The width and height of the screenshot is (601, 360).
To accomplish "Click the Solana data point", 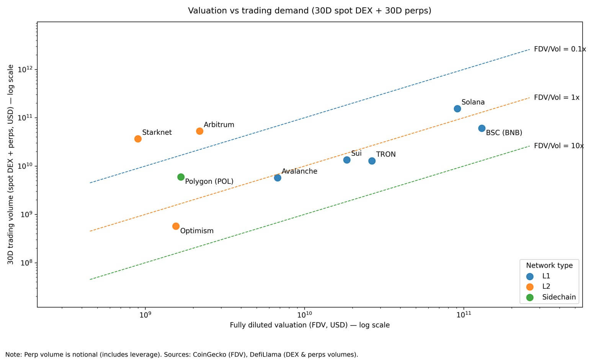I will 457,109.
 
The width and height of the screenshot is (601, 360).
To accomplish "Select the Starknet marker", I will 138,139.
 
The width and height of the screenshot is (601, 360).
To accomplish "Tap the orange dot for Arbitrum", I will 199,131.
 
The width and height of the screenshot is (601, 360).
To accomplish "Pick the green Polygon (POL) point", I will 181,177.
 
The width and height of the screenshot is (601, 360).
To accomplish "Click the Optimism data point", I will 176,226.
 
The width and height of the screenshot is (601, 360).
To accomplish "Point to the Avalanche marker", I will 278,178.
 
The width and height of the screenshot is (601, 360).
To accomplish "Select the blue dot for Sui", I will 347,160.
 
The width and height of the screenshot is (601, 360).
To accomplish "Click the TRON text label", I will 386,154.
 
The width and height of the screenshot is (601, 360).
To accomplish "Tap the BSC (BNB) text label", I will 504,133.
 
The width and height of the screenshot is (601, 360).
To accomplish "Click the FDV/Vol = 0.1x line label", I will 560,49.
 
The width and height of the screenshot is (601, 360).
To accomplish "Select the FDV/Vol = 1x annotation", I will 557,97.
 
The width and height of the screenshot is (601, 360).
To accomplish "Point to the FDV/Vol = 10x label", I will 559,146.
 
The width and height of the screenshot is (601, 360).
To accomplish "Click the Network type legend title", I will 549,265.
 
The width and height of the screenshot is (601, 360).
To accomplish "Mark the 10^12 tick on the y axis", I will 25,69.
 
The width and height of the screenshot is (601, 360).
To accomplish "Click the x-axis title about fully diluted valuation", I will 310,325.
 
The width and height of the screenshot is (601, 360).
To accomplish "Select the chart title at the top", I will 309,11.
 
